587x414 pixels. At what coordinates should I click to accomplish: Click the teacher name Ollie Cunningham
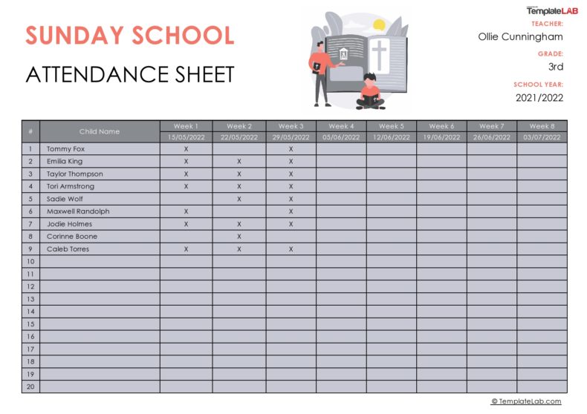pos(520,36)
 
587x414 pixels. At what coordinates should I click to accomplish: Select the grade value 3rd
pos(555,67)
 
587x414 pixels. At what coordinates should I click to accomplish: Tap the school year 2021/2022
pos(539,97)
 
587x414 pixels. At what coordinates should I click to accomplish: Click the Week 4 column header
pos(341,126)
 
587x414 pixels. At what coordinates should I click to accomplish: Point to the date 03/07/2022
pos(542,137)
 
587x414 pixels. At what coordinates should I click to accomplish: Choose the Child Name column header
pos(100,131)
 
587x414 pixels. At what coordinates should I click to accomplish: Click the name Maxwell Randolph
pos(78,211)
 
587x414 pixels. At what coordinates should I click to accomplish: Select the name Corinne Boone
pos(72,237)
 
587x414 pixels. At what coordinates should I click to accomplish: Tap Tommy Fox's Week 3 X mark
pos(291,149)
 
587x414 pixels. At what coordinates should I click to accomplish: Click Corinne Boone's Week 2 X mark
pos(239,237)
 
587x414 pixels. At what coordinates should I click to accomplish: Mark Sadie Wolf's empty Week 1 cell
pos(186,199)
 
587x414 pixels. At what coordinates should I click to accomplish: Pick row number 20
pos(30,387)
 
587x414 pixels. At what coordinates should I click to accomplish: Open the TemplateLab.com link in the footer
pos(526,401)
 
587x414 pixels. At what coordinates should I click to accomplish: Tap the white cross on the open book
pos(380,56)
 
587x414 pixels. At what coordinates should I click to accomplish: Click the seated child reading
pos(370,92)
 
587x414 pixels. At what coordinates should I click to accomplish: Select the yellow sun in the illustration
pos(379,24)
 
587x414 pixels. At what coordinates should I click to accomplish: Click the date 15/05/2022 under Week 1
pos(186,137)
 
